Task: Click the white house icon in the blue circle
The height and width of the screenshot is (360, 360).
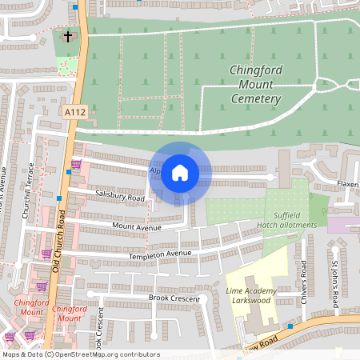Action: pyautogui.click(x=180, y=172)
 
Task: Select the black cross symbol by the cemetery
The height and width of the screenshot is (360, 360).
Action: pyautogui.click(x=67, y=36)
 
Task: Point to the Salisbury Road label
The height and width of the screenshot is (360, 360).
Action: pyautogui.click(x=118, y=196)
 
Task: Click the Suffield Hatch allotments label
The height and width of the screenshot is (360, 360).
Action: pyautogui.click(x=284, y=220)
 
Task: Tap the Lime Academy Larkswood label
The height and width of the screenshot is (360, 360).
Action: pyautogui.click(x=251, y=295)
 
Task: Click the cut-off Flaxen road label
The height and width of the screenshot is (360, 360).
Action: pyautogui.click(x=347, y=186)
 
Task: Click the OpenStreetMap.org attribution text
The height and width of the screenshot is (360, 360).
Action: pyautogui.click(x=104, y=354)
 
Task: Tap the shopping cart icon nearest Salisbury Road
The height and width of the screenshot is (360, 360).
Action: pyautogui.click(x=76, y=165)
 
